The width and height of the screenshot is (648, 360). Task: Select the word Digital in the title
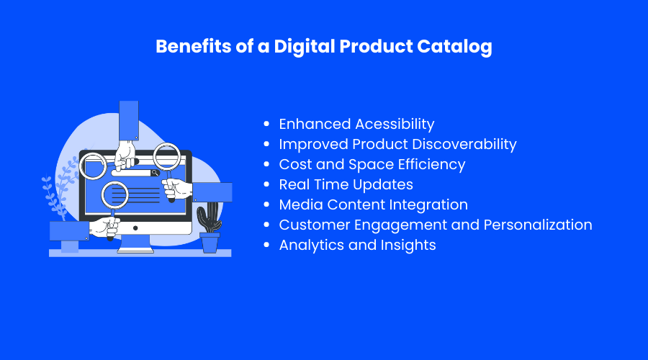pyautogui.click(x=304, y=47)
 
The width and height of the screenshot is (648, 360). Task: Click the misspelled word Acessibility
pyautogui.click(x=395, y=124)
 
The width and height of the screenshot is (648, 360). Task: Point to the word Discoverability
pyautogui.click(x=464, y=144)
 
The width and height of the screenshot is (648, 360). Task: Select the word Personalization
pyautogui.click(x=538, y=225)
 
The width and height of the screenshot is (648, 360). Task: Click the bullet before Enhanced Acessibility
pyautogui.click(x=266, y=124)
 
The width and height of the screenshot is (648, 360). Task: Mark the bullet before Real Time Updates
pyautogui.click(x=266, y=184)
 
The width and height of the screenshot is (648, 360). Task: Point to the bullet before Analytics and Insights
pyautogui.click(x=266, y=245)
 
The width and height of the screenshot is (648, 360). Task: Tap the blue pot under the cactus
pyautogui.click(x=210, y=243)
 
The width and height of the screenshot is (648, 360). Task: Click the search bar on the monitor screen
pyautogui.click(x=135, y=173)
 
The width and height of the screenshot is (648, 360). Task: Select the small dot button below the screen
pyautogui.click(x=135, y=228)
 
